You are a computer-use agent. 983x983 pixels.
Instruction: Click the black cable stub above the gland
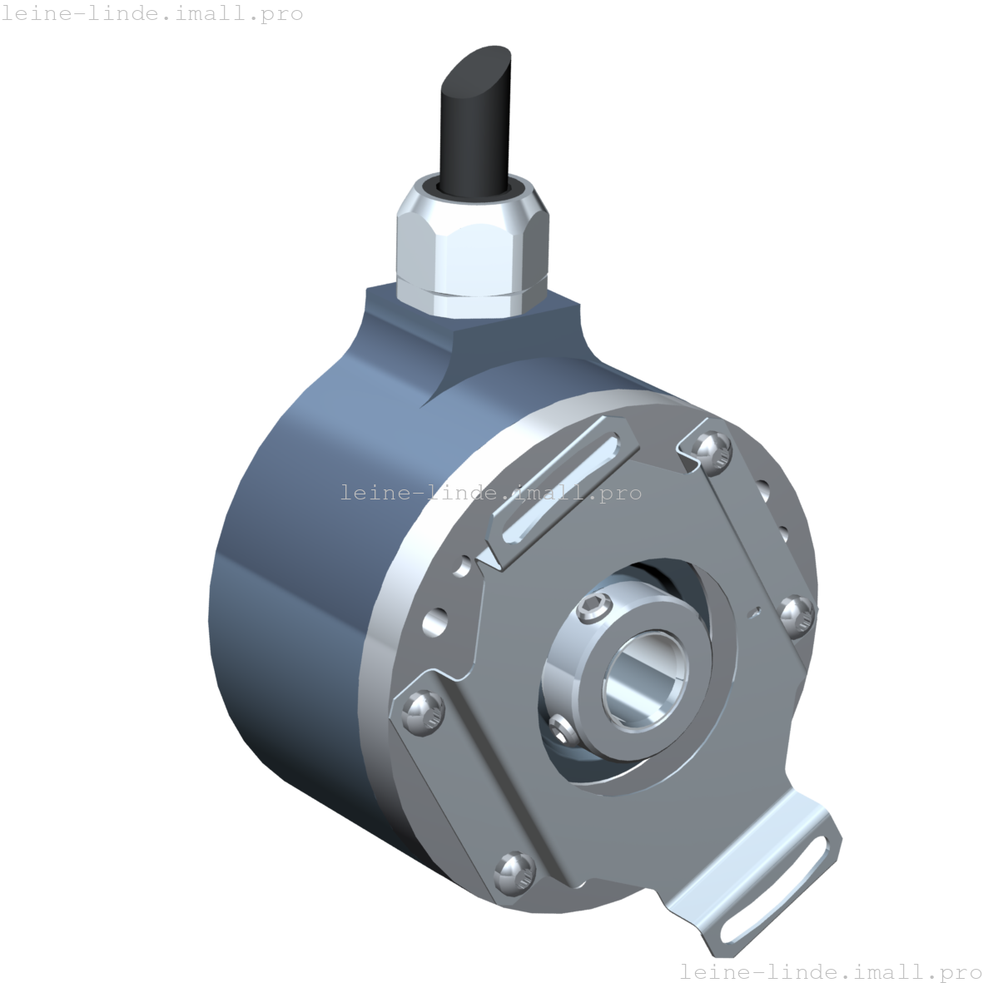pos(470,133)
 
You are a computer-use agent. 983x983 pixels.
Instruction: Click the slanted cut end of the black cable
pos(477,68)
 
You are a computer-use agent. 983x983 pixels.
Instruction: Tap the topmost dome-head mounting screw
pos(712,449)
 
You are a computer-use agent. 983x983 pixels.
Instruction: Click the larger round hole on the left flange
pos(434,621)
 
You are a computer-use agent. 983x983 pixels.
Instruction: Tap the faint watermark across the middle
pos(491,493)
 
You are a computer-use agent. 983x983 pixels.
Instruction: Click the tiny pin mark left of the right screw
pos(754,614)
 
